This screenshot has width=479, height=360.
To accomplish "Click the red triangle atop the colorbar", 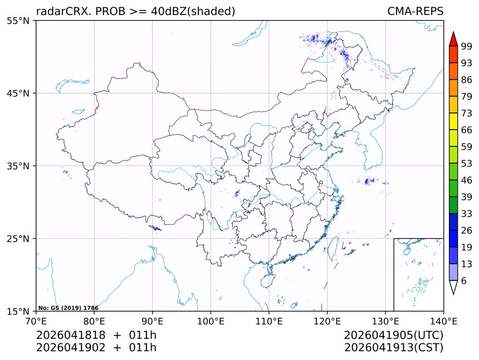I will point(453,39).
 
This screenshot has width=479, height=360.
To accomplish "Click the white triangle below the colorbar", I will point(453,287).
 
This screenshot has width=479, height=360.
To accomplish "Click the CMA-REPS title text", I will point(415,12).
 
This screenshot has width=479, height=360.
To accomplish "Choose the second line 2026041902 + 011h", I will point(96,348).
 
